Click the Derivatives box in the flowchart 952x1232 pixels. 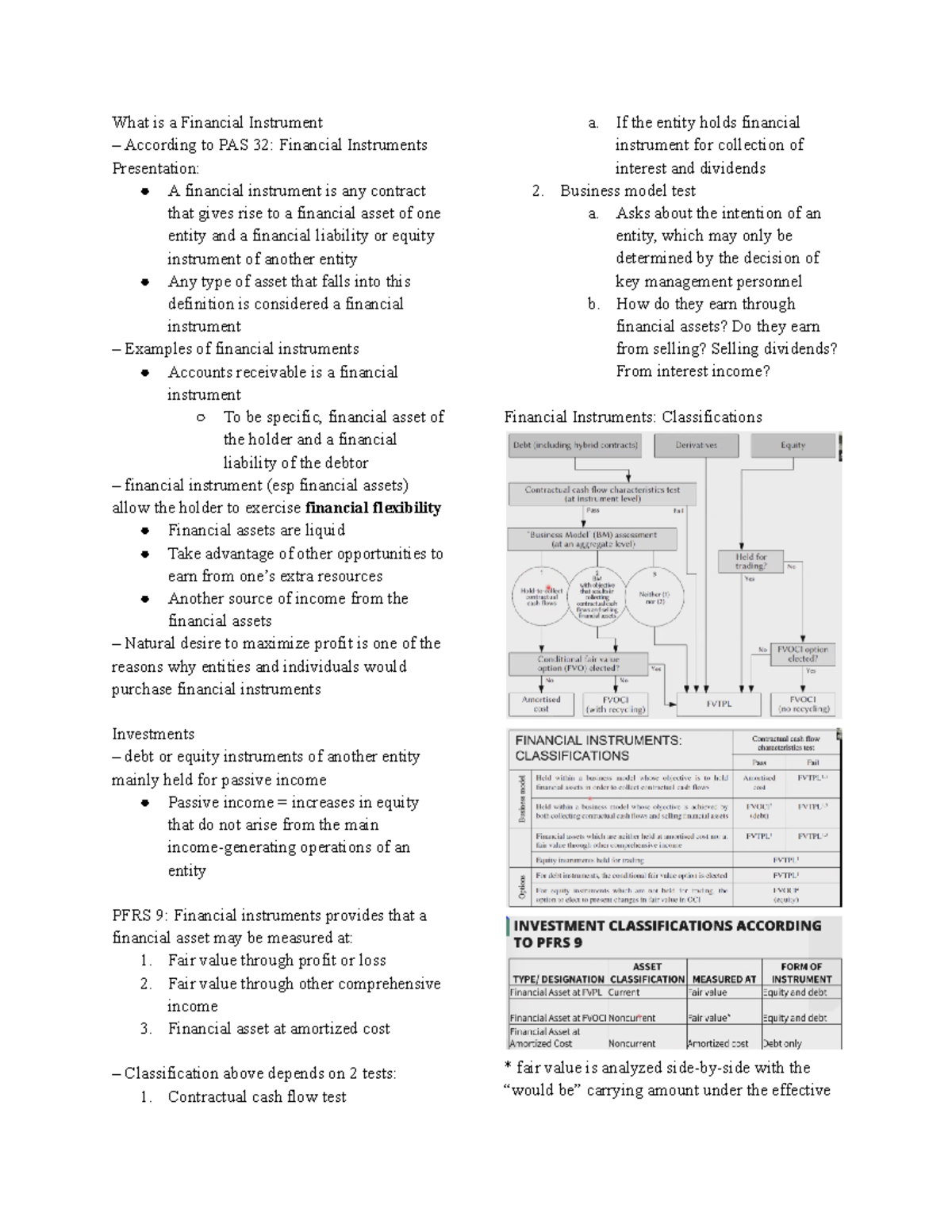[x=696, y=445]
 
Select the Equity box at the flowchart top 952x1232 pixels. [x=793, y=445]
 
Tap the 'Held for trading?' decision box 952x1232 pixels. [x=750, y=562]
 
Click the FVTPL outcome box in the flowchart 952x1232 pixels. [x=719, y=704]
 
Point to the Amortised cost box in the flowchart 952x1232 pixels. [x=541, y=704]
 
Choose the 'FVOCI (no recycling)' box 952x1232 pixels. [x=803, y=704]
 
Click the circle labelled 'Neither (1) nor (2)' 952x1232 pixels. [x=654, y=597]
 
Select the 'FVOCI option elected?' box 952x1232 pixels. [x=803, y=654]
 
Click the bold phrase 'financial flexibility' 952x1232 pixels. [x=373, y=508]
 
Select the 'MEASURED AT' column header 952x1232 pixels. [x=724, y=979]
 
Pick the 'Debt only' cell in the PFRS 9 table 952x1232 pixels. [x=782, y=1043]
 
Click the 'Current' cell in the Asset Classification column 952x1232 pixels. [x=624, y=992]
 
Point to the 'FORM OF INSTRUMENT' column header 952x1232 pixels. [x=801, y=973]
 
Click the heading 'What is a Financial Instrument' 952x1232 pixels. [x=217, y=122]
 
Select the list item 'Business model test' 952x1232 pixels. [x=628, y=190]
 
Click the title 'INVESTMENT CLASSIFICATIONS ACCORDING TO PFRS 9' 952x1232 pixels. [x=666, y=934]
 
